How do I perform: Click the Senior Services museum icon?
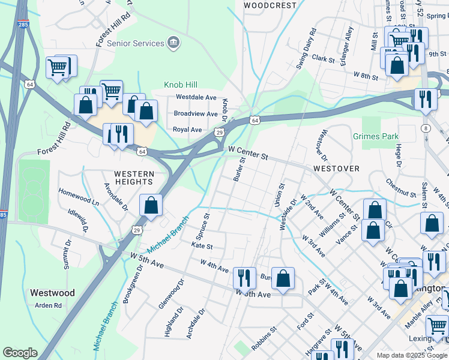(173, 43)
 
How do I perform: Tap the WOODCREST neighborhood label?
(270, 5)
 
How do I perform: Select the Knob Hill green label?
(181, 85)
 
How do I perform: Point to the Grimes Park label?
(376, 136)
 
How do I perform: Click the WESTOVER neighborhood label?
(336, 169)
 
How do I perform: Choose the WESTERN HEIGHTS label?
(134, 178)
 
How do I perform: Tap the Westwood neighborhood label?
(52, 293)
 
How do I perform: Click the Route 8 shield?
(426, 128)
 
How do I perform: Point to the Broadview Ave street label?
(196, 113)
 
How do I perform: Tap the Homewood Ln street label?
(79, 199)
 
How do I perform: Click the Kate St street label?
(202, 247)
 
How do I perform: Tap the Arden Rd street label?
(49, 305)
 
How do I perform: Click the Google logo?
(20, 353)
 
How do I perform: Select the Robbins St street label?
(264, 338)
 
